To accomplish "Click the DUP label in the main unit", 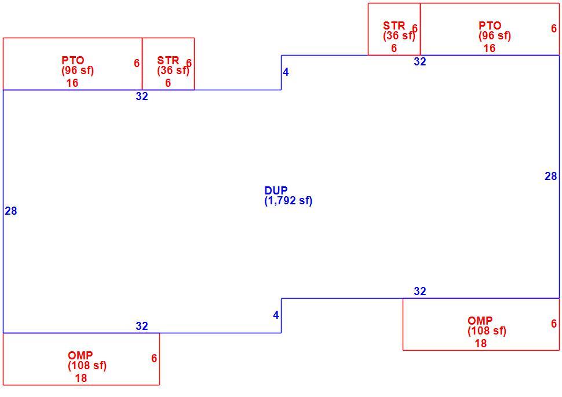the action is tap(276, 190).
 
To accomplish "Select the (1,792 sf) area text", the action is tap(289, 200).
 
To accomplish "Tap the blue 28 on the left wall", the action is tap(11, 211).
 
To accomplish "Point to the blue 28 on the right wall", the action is tap(551, 176).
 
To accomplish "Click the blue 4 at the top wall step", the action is tap(286, 72).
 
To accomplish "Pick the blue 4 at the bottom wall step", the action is tap(276, 315).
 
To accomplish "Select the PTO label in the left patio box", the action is tap(73, 60).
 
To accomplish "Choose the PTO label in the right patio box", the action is tap(490, 25).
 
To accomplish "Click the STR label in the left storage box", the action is tap(168, 60).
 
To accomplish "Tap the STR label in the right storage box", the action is tap(394, 25).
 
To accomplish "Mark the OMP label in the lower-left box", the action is tap(81, 355).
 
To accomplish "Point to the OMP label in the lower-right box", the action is tap(480, 321).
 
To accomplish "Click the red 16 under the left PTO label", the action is tap(72, 83).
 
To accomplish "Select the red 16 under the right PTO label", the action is tap(489, 49).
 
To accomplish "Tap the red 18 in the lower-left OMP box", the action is tap(81, 378).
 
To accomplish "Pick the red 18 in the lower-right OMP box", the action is tap(481, 343).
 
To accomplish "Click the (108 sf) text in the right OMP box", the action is tap(487, 331).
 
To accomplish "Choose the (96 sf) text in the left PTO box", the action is tap(78, 71).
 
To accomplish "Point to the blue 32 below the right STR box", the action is tap(419, 61).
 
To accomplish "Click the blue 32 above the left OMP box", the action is tap(141, 326).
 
